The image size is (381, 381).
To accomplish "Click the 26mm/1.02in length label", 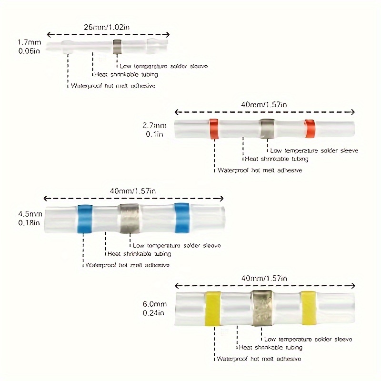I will click(x=109, y=27).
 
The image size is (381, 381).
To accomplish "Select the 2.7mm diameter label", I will click(x=155, y=126).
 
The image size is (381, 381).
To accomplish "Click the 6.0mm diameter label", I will click(x=154, y=303).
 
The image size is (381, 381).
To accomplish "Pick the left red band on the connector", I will click(x=214, y=129).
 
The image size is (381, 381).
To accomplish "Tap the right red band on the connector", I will click(x=311, y=128).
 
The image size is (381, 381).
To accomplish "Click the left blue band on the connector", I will click(x=84, y=219).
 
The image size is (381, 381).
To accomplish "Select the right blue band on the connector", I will click(x=182, y=219).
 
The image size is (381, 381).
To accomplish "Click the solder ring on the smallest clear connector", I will click(x=117, y=47).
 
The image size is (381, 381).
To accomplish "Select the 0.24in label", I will click(x=153, y=313).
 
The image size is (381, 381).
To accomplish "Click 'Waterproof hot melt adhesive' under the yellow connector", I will click(x=260, y=359).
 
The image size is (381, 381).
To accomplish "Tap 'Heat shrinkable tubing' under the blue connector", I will click(x=138, y=254).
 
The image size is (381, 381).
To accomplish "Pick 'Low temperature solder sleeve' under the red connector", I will click(x=314, y=150).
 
